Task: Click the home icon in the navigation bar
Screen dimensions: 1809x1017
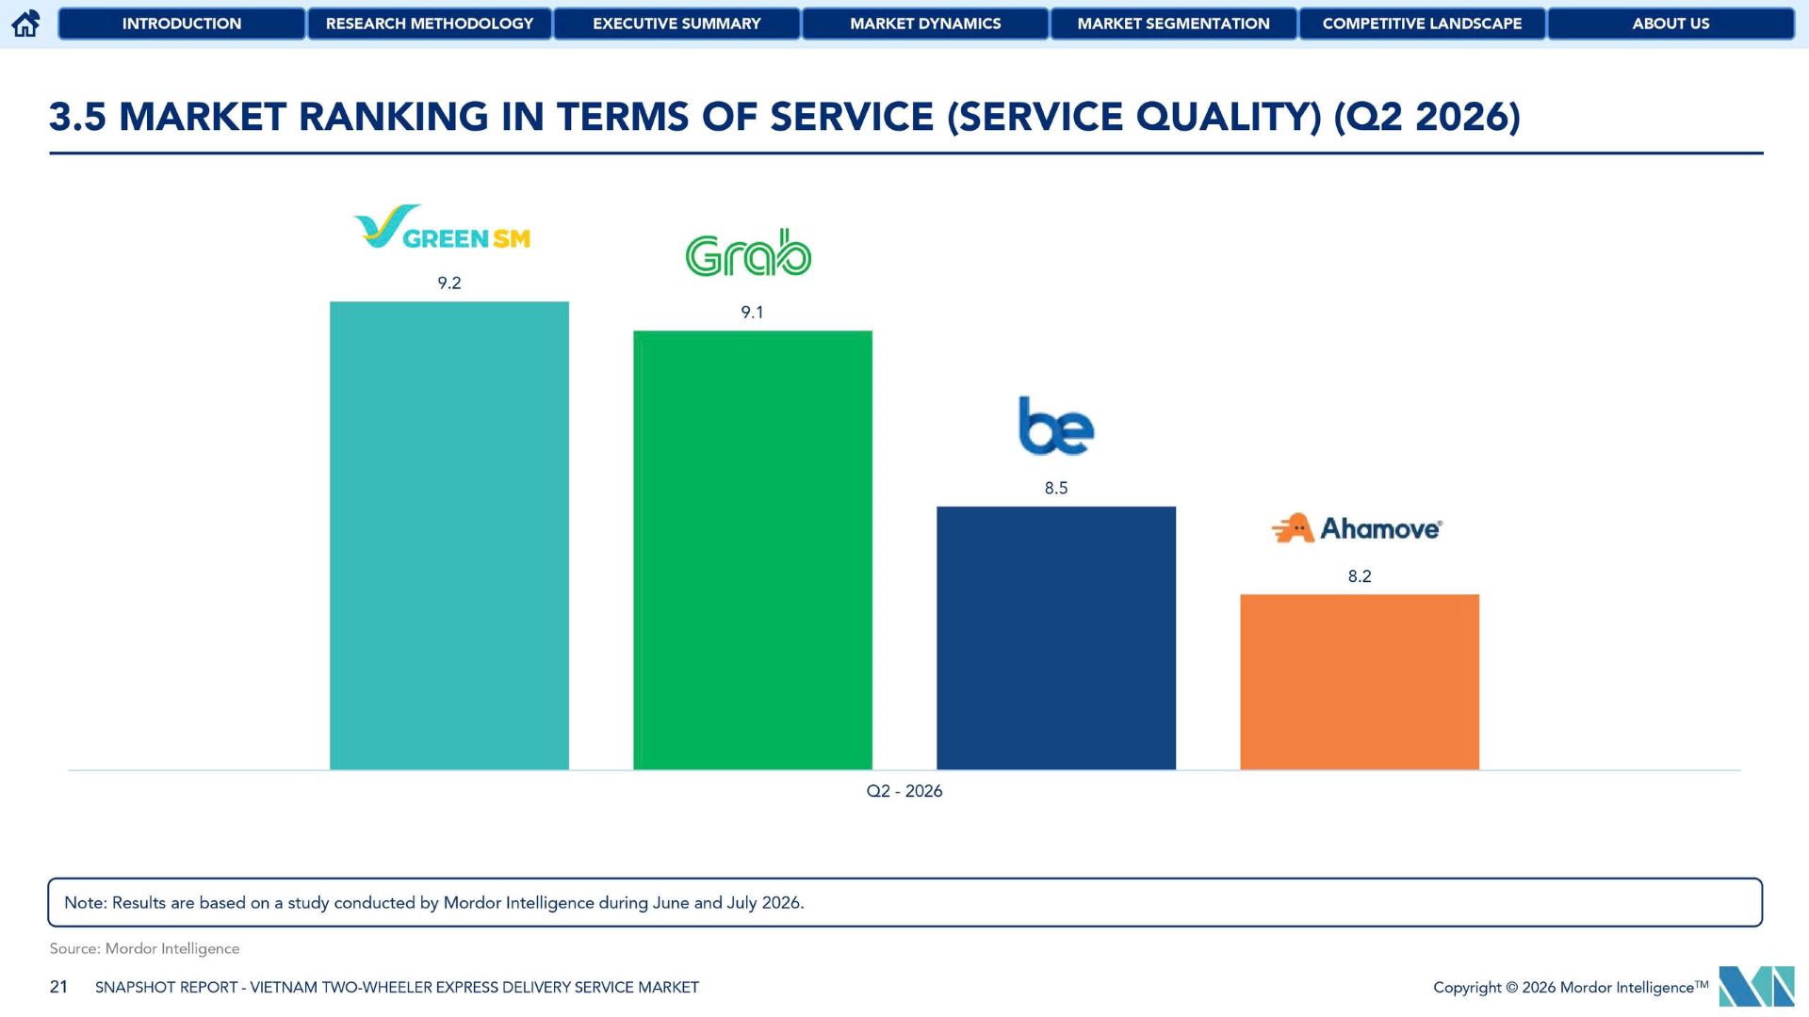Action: (25, 24)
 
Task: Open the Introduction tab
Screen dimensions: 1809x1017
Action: (182, 24)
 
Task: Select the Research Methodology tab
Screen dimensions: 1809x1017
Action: (430, 24)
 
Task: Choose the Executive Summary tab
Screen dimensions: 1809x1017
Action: (676, 24)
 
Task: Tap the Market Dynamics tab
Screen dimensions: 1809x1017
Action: (925, 24)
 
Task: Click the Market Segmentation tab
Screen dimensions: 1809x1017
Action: (1174, 24)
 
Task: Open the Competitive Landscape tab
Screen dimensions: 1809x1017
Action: (1423, 24)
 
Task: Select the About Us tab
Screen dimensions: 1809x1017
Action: (1671, 24)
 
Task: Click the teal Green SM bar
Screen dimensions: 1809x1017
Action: (449, 536)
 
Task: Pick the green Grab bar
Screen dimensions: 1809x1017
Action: (753, 550)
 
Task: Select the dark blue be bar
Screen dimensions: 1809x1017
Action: (1056, 638)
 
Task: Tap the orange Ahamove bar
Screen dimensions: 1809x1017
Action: (1360, 682)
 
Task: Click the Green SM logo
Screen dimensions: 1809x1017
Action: (442, 227)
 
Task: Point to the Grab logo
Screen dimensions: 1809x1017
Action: (748, 252)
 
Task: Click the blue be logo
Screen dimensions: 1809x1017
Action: (1056, 426)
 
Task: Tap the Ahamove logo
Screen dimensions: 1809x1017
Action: (1357, 528)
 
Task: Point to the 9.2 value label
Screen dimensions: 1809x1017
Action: (449, 283)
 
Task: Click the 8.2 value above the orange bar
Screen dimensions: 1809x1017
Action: (1360, 576)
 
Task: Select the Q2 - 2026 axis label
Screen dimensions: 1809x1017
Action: (904, 791)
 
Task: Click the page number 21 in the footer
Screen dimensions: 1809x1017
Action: (58, 987)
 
